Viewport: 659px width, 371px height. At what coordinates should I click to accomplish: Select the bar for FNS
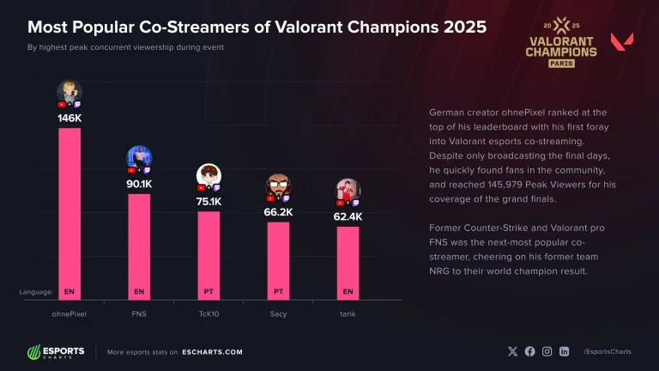pos(139,240)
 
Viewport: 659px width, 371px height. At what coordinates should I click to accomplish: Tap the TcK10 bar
pos(209,249)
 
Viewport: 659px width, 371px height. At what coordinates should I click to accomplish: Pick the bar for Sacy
pos(278,254)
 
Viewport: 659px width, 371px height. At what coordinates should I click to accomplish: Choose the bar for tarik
pos(348,258)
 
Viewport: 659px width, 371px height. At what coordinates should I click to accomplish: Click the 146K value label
pos(70,118)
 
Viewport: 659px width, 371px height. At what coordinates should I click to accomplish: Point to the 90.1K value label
pos(139,184)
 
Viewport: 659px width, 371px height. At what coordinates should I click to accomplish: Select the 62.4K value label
pos(348,217)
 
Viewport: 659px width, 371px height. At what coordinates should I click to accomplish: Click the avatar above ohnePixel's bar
pos(70,91)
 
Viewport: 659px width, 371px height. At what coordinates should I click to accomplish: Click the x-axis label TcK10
pos(209,314)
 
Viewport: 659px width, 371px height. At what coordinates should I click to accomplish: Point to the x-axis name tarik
pos(348,314)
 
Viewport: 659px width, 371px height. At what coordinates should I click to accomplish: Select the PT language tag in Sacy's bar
pos(278,292)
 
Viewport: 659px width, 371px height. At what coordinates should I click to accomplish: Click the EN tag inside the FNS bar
pos(139,292)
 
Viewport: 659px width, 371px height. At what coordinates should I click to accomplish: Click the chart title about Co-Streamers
pos(257,27)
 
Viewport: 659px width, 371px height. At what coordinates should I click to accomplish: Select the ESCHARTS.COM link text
pos(212,352)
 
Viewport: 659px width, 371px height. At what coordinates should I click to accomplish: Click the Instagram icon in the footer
pos(547,351)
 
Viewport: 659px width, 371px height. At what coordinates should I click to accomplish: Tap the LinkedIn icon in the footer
pos(564,351)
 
